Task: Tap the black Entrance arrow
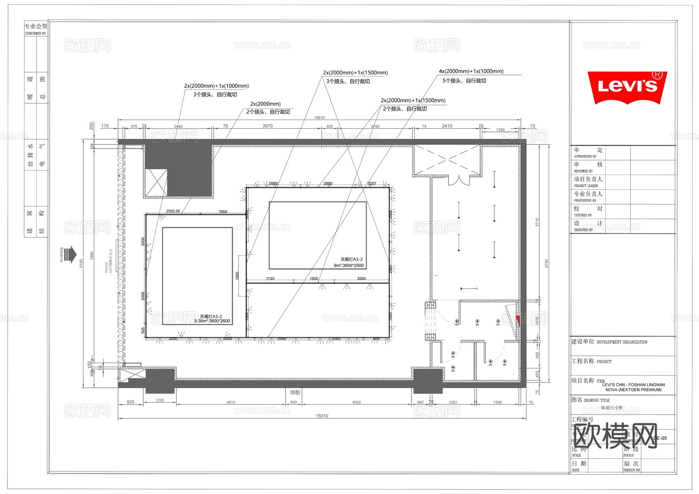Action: [x=70, y=255]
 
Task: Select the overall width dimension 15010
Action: [x=322, y=416]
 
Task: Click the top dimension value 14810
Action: [x=319, y=118]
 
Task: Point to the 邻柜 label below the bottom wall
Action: [x=295, y=392]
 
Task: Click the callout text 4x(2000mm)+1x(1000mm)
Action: [x=471, y=71]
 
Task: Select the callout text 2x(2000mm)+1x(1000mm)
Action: [x=216, y=86]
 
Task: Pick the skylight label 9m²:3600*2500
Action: [x=349, y=265]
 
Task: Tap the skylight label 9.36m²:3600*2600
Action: [x=212, y=321]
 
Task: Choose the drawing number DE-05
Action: [x=660, y=438]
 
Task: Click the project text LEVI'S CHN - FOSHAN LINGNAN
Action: [x=634, y=385]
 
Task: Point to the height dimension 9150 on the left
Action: [x=81, y=263]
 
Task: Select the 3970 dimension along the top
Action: [x=268, y=126]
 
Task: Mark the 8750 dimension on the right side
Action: [x=547, y=263]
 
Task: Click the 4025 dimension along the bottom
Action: [x=356, y=402]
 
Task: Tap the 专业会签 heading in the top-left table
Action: [x=36, y=26]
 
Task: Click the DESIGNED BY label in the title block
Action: [x=583, y=230]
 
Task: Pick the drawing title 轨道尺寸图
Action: [x=612, y=408]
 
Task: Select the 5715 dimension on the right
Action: [x=537, y=222]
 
